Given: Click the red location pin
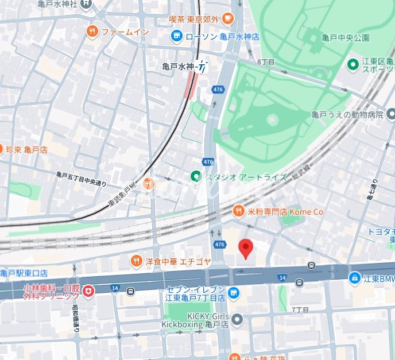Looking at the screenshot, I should pos(246,249).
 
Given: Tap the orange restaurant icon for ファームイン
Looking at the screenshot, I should pos(92,32).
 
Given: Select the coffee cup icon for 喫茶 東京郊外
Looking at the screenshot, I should pos(228,19).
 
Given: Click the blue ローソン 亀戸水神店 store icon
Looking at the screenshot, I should pos(177,37).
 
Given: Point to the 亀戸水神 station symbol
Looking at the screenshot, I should pos(202,67).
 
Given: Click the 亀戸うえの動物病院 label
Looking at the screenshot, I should pos(347,115).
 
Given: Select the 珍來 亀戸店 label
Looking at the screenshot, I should pos(26,149).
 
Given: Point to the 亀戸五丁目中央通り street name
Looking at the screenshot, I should pos(82,179).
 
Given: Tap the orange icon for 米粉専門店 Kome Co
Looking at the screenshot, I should pos(238,212).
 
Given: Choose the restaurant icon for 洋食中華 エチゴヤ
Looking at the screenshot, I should pos(136,261).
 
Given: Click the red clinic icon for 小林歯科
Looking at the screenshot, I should pos(87,292).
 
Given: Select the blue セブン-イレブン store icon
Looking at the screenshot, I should pos(233,293).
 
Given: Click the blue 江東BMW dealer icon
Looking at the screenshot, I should pos(355,279).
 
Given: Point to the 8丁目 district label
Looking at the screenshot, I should pos(266,61).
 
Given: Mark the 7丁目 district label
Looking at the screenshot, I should pos(300,309).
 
